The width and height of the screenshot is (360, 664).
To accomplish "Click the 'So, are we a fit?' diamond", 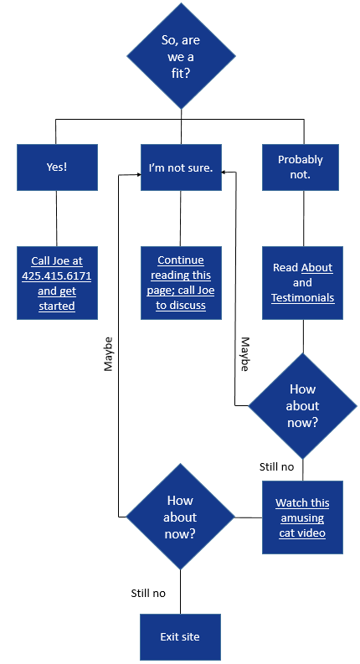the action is pos(182,56).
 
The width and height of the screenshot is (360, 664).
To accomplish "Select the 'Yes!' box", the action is pos(57,167).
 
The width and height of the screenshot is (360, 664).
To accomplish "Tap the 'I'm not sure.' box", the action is pos(181,167).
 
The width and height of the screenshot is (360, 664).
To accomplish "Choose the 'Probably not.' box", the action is pos(301,167).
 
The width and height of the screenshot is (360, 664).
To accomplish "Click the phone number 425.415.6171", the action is pos(57,276).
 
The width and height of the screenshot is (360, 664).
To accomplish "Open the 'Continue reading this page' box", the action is pos(181,283).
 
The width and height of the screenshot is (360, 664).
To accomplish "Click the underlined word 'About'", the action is pos(316,268).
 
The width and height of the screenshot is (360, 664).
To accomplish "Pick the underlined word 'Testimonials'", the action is pos(302,298).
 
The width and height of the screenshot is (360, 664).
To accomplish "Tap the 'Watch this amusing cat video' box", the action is pos(302,517).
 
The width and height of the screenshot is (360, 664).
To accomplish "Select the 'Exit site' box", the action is pos(181,637).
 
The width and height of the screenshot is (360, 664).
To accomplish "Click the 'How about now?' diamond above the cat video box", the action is pos(303,406).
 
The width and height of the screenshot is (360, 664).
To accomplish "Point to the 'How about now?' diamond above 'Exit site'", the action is pos(181,517).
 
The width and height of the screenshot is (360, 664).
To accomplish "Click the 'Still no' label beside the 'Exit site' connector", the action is pos(148,594).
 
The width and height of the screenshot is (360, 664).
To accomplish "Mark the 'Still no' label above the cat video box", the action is pos(276,466).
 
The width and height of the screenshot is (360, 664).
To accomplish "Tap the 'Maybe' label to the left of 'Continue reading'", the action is pos(109,354).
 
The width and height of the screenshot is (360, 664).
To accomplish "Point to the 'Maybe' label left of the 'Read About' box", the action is pos(244,354).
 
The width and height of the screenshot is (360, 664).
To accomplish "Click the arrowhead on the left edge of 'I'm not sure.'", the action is pos(138,174).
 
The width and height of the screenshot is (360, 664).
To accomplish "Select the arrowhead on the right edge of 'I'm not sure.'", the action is pos(224,172).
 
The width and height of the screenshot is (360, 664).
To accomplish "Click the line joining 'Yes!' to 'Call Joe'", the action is pos(57,219).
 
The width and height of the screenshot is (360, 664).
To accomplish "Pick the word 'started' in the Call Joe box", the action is pos(57,306).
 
